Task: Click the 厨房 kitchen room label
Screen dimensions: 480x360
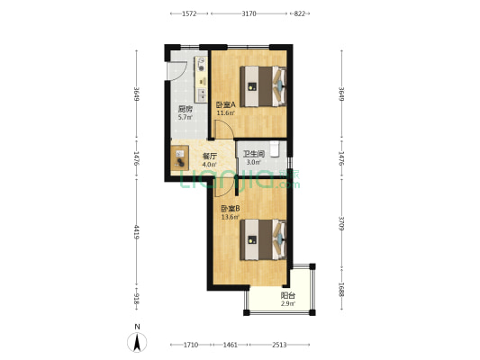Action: pyautogui.click(x=186, y=109)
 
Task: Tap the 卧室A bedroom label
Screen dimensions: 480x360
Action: pyautogui.click(x=226, y=104)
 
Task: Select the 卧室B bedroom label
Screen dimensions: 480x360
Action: pyautogui.click(x=231, y=209)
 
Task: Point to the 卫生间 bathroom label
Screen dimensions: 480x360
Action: pyautogui.click(x=254, y=154)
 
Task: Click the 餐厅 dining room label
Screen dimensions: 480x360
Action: pyautogui.click(x=210, y=157)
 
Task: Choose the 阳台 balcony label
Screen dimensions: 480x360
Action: pyautogui.click(x=288, y=296)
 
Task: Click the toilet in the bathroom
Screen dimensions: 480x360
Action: pyautogui.click(x=275, y=148)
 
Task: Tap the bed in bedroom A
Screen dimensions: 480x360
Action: pyautogui.click(x=263, y=86)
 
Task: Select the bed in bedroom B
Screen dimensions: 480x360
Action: pyautogui.click(x=263, y=239)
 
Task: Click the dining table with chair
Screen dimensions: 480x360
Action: pyautogui.click(x=180, y=157)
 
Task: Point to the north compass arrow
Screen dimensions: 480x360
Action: pyautogui.click(x=137, y=342)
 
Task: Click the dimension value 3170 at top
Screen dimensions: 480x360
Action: pyautogui.click(x=249, y=13)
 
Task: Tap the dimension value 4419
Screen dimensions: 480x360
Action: pyautogui.click(x=137, y=232)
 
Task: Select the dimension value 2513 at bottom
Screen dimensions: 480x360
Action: pyautogui.click(x=279, y=345)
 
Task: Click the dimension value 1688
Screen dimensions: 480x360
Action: pyautogui.click(x=341, y=289)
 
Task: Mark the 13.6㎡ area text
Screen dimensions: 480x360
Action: pyautogui.click(x=230, y=218)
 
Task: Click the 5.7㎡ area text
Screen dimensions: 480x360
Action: pyautogui.click(x=186, y=117)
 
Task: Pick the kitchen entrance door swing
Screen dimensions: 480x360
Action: pyautogui.click(x=176, y=71)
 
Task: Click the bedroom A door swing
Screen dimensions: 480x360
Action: pyautogui.click(x=223, y=130)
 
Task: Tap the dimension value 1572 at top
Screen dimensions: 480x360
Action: pyautogui.click(x=189, y=13)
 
